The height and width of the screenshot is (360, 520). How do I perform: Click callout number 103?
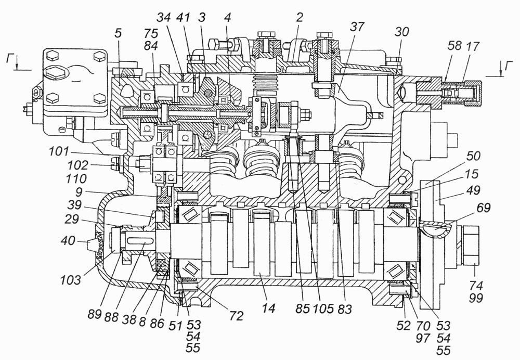coord(70,280)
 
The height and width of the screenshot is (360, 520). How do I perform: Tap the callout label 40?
coord(68,241)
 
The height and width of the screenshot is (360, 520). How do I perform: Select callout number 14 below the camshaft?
coord(268,308)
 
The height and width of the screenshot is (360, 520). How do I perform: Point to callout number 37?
coord(357,27)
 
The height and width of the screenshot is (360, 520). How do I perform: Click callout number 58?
coord(454,46)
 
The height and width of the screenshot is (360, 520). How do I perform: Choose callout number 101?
coord(59,152)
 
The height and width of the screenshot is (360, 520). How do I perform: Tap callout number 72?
coord(237,316)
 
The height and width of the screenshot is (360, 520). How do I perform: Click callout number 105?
coord(323,309)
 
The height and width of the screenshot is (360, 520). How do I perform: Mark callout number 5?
coord(119,33)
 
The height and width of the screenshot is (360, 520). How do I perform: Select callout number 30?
coord(401,32)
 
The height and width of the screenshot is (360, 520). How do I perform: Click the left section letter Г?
coord(10,60)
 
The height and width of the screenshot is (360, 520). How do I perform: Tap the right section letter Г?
coord(508,67)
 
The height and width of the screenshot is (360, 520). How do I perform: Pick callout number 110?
coord(76,179)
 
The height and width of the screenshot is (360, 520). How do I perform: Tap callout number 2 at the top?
coord(300,17)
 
